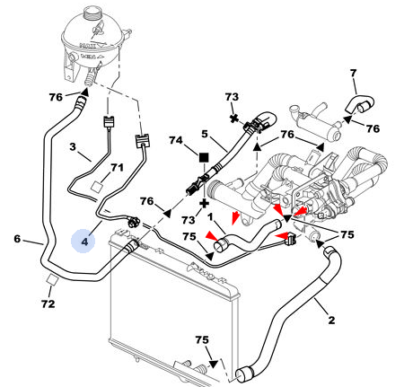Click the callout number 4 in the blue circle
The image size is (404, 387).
click(x=84, y=242)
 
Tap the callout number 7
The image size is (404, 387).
click(x=354, y=73)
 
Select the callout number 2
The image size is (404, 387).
click(x=331, y=320)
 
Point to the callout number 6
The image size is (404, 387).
click(x=17, y=239)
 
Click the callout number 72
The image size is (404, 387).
click(x=48, y=303)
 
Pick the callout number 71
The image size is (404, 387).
click(x=117, y=168)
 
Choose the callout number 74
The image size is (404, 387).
click(x=176, y=140)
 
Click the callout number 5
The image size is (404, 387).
click(x=205, y=134)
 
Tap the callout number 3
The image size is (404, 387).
click(x=73, y=146)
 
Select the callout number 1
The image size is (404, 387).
click(x=210, y=216)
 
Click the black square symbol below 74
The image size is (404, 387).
click(x=204, y=157)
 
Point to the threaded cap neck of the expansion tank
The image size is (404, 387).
click(x=92, y=13)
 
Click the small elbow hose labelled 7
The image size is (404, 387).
click(x=360, y=104)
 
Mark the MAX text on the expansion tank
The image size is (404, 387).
click(x=87, y=46)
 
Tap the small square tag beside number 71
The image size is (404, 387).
click(x=97, y=186)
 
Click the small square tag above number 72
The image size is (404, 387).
click(x=53, y=279)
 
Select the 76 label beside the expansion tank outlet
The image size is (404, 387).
click(x=56, y=97)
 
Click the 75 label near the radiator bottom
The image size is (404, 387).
click(x=202, y=339)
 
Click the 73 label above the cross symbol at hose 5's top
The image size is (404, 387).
click(x=232, y=97)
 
